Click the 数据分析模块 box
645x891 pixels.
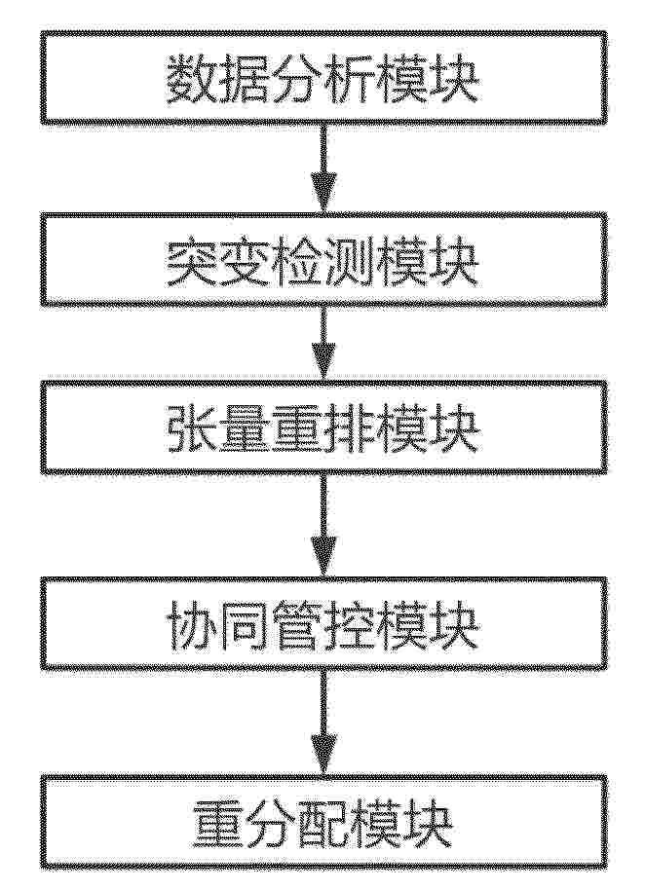coord(323,77)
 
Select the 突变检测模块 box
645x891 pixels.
coord(323,259)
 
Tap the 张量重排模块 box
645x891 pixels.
coord(323,426)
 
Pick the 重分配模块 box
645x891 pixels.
coord(323,822)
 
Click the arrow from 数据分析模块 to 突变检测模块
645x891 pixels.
coord(323,168)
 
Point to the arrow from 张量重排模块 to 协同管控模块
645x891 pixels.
coord(323,525)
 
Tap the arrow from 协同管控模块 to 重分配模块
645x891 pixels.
coord(323,723)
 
